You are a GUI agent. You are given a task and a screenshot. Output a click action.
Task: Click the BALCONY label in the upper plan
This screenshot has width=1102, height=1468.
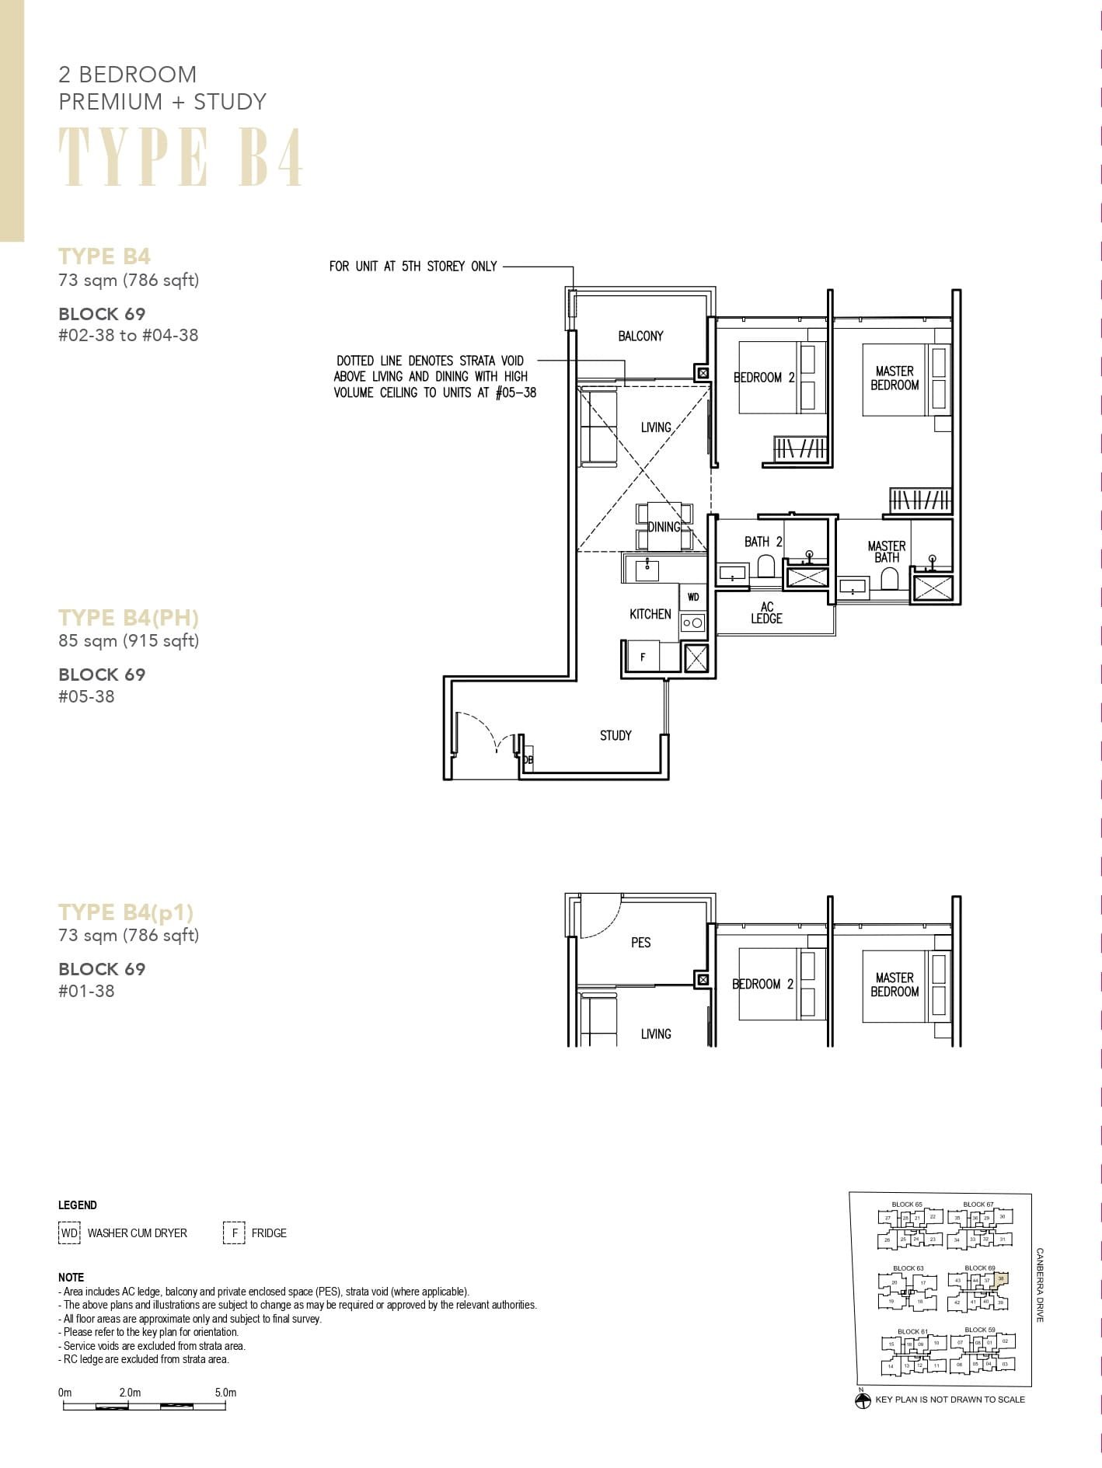[x=640, y=336]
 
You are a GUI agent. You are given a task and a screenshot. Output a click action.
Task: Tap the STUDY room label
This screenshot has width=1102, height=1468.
[x=616, y=735]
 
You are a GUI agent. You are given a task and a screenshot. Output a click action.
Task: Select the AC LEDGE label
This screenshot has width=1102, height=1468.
[x=766, y=612]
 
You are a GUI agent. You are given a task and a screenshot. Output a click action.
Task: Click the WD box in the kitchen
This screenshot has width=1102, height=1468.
[x=693, y=597]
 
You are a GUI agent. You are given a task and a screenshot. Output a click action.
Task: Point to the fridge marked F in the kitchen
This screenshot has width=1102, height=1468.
[x=643, y=657]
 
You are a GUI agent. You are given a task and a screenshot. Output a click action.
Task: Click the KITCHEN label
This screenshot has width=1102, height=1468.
[x=650, y=614]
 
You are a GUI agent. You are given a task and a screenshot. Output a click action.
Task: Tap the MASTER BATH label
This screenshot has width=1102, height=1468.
[x=886, y=552]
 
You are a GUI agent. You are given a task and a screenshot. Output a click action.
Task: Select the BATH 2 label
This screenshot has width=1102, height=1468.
[x=762, y=542]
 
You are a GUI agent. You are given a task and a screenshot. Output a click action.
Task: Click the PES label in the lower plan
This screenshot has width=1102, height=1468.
[x=640, y=943]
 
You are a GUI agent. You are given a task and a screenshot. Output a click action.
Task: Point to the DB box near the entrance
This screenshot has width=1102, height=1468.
[x=528, y=759]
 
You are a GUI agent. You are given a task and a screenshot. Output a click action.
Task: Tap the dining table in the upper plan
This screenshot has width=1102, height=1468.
[x=664, y=526]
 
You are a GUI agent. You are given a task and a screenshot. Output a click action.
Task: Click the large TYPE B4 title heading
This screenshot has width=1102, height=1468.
[x=181, y=158]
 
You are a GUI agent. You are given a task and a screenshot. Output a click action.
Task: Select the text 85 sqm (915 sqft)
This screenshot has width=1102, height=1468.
[x=129, y=640]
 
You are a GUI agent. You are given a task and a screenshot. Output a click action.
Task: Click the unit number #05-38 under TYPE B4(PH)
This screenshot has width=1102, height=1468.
[x=86, y=696]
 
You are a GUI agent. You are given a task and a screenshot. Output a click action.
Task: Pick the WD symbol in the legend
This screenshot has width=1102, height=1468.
[x=69, y=1233]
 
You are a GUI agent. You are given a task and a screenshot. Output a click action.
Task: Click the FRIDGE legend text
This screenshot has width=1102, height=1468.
[x=269, y=1233]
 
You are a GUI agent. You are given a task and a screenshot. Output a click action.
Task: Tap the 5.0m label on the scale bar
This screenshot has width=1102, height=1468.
[x=225, y=1393]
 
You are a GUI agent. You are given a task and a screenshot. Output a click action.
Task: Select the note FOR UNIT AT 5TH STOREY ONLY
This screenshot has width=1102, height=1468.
[x=413, y=266]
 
